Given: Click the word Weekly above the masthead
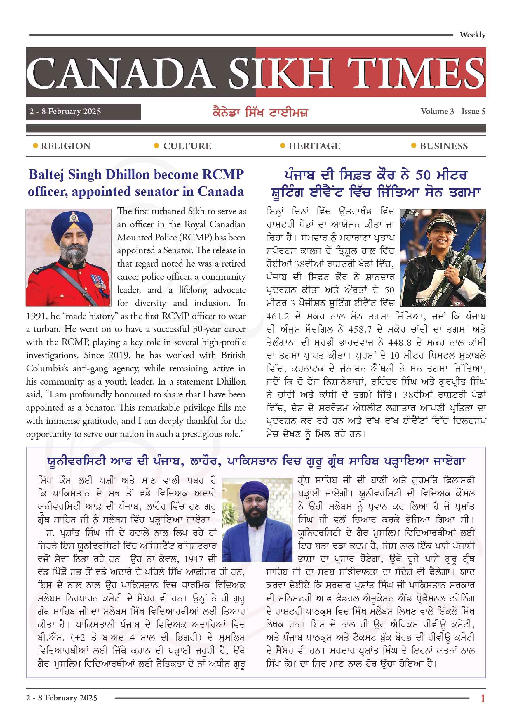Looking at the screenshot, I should coord(472,35).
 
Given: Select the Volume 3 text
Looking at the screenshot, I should coord(437,111).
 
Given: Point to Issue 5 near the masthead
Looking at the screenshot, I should coord(473,111).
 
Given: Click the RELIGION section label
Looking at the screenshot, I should coord(66,146).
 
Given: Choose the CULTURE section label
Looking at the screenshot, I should coord(187,146).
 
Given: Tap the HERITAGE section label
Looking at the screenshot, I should coord(314,146).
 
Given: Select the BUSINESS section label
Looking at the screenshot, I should coord(443,146).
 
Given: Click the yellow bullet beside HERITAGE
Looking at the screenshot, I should coord(282,146).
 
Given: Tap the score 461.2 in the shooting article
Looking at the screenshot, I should coord(278,316).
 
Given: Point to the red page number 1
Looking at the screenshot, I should coord(483,698).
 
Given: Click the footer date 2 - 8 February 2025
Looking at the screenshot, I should coord(62,698).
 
